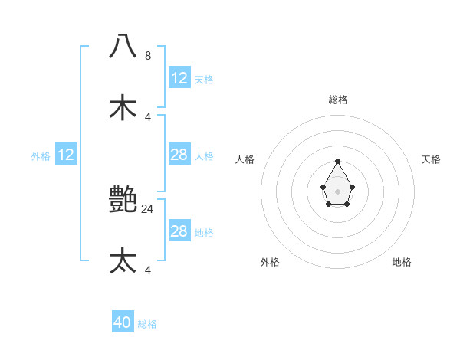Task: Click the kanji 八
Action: pos(123,47)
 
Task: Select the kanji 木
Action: pos(123,107)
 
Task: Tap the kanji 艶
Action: pos(123,200)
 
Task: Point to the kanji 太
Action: pos(123,260)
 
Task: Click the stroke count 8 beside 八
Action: pos(148,56)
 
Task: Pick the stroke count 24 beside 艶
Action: pos(148,208)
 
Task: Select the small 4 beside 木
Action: pos(148,116)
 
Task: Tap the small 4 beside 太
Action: pos(148,270)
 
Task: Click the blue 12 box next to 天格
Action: pos(179,78)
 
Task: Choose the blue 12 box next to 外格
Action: pos(66,155)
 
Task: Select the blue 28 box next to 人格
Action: pos(179,155)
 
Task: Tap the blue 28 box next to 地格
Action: pos(179,231)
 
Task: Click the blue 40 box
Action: pos(123,322)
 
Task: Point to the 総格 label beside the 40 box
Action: pos(147,324)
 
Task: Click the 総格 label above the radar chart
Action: pos(337,100)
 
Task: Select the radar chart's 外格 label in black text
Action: pos(270,262)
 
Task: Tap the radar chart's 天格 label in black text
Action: pos(431,159)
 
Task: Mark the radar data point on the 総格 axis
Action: pos(337,162)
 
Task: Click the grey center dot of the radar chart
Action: pos(337,191)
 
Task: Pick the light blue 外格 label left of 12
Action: pos(41,156)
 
